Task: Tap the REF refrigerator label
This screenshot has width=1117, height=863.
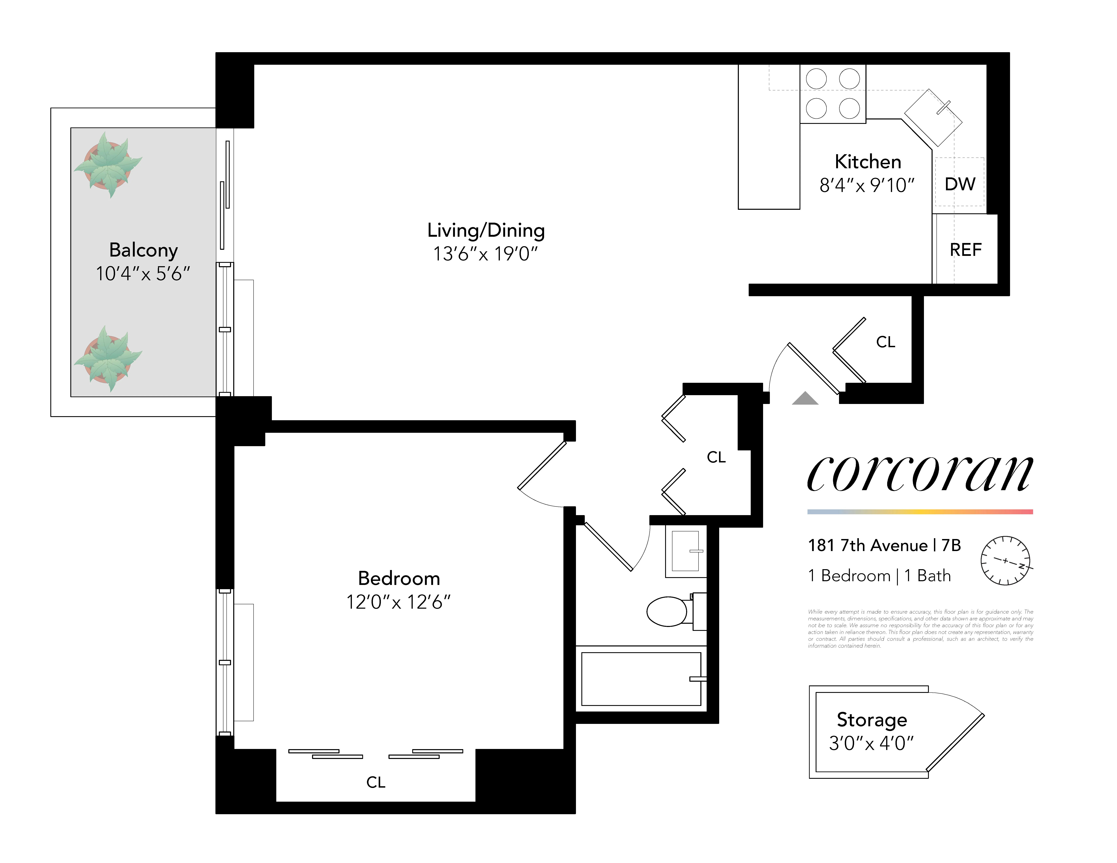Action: coord(965,250)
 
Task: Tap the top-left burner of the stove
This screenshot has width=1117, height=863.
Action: coord(816,79)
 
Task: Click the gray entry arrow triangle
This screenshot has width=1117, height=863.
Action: coord(805,399)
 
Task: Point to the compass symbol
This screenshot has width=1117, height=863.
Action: coord(1005,561)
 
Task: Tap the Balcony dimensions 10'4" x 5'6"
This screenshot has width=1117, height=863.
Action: coord(143,274)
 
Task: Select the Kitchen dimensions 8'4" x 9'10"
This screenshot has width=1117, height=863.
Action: coord(867,186)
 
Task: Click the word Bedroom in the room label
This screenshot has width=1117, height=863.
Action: coord(399,578)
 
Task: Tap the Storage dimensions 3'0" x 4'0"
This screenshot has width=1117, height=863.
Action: coord(871,743)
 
